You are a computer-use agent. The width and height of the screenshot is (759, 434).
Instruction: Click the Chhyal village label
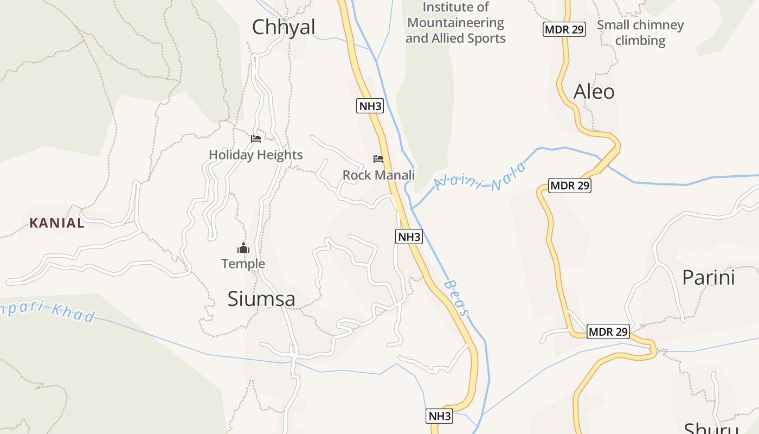tap(284, 27)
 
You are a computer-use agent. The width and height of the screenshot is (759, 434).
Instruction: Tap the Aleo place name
tap(594, 91)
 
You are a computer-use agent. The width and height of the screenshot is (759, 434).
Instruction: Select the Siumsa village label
tap(261, 299)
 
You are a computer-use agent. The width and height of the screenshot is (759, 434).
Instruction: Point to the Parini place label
tap(708, 277)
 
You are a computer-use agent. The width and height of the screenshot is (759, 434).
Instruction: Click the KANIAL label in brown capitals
tap(57, 223)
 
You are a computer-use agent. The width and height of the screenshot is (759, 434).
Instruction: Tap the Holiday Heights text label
tap(255, 155)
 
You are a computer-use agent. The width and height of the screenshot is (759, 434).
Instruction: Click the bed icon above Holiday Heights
tap(256, 139)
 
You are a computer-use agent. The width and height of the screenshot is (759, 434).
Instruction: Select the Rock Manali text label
tap(378, 175)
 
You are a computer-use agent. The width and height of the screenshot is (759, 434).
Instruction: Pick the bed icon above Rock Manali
tap(378, 159)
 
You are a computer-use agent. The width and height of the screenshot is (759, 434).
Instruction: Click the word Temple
tap(243, 264)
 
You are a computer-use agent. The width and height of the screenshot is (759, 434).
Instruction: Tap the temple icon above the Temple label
tap(243, 248)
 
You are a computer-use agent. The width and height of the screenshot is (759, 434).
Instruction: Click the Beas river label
tap(456, 298)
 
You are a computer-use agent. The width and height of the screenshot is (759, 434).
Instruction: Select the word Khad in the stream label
tap(74, 313)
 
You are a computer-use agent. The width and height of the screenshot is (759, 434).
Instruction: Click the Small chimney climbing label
tap(640, 33)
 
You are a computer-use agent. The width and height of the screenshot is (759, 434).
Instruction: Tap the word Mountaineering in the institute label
tap(455, 23)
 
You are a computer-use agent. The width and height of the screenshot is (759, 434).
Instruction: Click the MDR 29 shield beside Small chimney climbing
tap(564, 29)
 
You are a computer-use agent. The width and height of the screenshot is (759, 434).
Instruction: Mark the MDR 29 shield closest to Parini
tap(608, 331)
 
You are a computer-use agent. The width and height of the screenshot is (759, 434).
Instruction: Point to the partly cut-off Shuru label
tap(710, 427)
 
